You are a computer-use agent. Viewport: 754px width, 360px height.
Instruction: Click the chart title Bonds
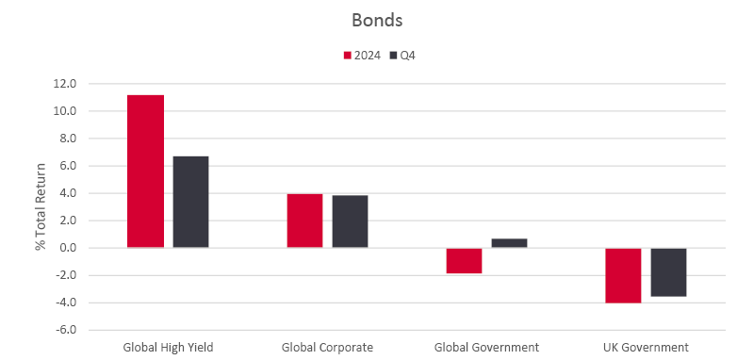tap(376, 20)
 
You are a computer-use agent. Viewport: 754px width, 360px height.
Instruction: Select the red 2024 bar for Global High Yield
tap(145, 172)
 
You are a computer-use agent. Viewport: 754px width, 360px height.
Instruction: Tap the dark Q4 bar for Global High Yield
tap(190, 202)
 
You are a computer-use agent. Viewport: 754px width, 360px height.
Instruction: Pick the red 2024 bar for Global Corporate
tap(304, 221)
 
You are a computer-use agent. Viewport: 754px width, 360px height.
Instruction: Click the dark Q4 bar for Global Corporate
tap(350, 221)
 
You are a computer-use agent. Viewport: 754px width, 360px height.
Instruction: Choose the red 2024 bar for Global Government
tap(464, 260)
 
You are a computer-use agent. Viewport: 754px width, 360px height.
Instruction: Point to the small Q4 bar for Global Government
tap(509, 243)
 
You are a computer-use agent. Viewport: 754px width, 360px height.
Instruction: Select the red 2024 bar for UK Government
tap(623, 275)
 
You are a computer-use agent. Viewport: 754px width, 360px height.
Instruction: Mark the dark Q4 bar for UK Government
tap(668, 272)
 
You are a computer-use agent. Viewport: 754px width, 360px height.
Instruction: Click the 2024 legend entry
tap(362, 56)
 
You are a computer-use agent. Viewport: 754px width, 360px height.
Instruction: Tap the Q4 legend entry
tap(402, 56)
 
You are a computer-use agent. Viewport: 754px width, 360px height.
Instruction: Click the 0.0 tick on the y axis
tap(67, 249)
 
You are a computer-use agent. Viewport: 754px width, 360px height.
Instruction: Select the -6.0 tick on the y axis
tap(65, 331)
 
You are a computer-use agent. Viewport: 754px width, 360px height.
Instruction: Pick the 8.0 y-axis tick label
tap(67, 139)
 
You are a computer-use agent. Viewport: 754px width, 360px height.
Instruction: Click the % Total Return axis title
tap(41, 206)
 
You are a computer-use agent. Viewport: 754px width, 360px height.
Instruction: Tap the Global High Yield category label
tap(168, 347)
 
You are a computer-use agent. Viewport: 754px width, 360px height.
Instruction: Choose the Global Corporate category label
tap(327, 347)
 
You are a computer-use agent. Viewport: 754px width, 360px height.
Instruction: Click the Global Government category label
tap(486, 347)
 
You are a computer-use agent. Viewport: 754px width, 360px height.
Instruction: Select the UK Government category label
tap(646, 347)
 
